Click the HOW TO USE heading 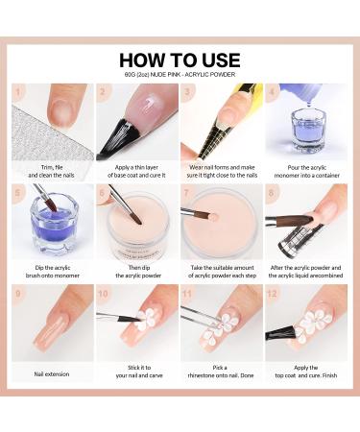[180, 60]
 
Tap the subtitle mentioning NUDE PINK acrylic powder [180, 76]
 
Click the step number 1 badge [18, 92]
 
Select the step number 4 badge [273, 92]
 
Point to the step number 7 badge [188, 193]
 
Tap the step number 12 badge [273, 293]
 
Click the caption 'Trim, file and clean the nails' [53, 171]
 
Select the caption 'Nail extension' [53, 373]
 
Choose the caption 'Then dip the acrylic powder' [137, 272]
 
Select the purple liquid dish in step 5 [53, 228]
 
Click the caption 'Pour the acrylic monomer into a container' [306, 171]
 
